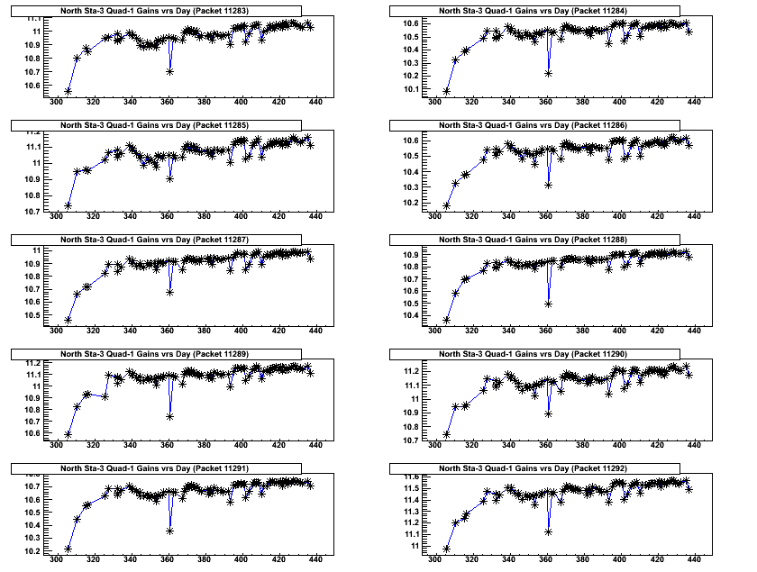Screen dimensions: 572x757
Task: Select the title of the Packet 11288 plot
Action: (537, 240)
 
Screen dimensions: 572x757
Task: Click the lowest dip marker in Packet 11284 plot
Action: (548, 73)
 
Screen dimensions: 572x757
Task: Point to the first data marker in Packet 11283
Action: (68, 91)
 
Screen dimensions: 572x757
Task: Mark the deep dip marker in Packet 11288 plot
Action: (548, 304)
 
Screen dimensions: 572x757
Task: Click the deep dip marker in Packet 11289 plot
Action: (169, 416)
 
